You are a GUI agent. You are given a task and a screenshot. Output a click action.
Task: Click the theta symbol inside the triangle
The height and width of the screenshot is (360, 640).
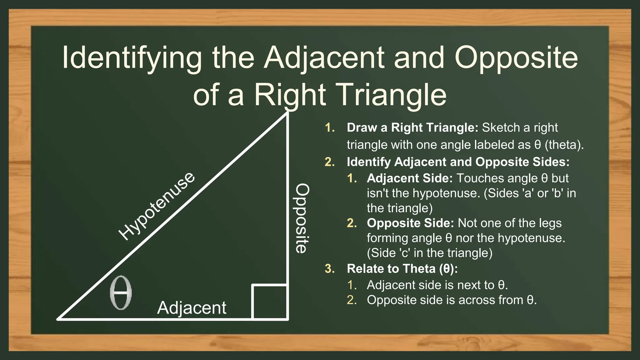(x=121, y=293)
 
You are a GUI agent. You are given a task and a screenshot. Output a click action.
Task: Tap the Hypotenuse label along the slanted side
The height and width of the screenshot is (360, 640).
(x=157, y=207)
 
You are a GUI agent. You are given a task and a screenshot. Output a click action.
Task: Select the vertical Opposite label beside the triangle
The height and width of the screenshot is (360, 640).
(x=302, y=218)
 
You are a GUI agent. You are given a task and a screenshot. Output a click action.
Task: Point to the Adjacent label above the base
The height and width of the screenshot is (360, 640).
(x=192, y=308)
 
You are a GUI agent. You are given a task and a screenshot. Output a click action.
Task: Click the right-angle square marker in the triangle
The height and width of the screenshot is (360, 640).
(x=269, y=302)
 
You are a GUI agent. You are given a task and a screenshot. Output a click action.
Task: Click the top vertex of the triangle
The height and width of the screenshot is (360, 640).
(x=287, y=113)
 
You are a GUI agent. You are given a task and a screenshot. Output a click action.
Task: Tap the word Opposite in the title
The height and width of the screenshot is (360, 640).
(x=516, y=58)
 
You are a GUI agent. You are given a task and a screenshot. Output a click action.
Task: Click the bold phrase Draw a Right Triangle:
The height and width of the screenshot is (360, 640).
(x=412, y=128)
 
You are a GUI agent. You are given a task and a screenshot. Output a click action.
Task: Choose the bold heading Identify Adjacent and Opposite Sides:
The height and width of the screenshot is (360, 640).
(x=458, y=162)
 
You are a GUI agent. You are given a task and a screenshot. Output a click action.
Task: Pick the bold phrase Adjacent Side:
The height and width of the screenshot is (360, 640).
(x=410, y=178)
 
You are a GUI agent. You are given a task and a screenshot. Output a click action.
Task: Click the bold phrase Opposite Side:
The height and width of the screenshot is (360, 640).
(x=410, y=223)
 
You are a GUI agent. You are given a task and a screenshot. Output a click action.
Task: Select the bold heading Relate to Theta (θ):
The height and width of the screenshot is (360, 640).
(x=402, y=269)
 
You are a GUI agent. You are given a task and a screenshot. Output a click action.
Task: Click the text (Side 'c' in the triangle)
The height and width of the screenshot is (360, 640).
(x=429, y=253)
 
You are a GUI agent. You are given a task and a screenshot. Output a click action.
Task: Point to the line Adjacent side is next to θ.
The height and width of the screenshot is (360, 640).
(x=437, y=285)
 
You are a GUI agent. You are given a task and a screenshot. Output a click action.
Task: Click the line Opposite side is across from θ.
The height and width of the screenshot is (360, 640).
(x=452, y=300)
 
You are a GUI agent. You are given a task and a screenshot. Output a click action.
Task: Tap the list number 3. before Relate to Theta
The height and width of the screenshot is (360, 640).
(x=330, y=269)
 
